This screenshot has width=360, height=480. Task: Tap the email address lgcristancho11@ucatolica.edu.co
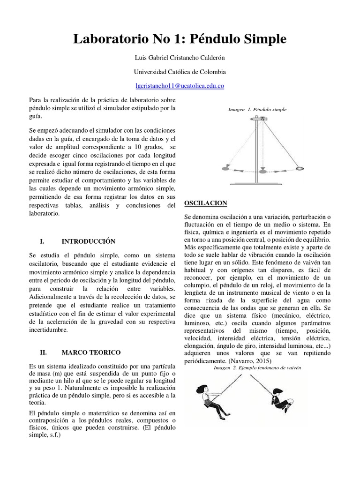[180, 86]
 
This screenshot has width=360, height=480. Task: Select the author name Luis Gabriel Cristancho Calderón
[180, 58]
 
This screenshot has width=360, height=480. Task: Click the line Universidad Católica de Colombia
[180, 72]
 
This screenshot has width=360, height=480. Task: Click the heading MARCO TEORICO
[91, 352]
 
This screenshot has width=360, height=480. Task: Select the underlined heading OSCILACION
[206, 203]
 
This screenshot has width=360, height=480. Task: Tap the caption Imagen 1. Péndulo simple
[257, 110]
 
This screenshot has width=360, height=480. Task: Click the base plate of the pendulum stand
[255, 183]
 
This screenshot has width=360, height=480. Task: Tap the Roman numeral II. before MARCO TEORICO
[44, 352]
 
